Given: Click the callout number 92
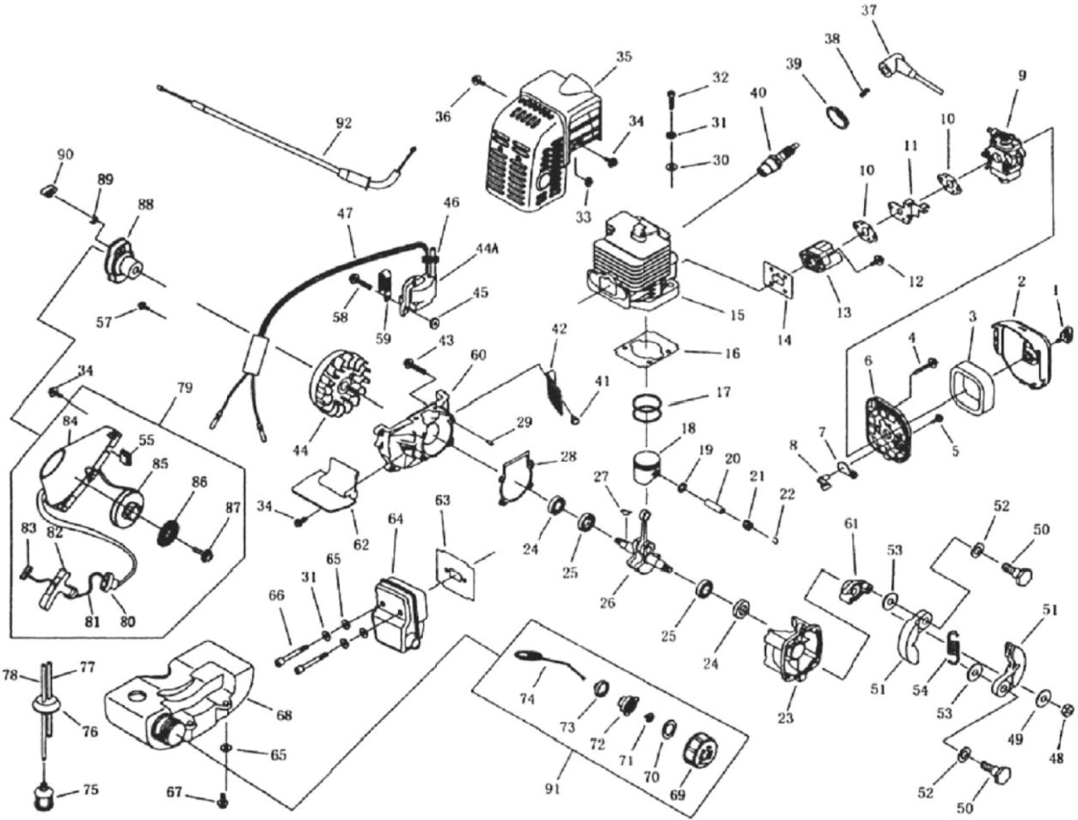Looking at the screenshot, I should pos(343,123).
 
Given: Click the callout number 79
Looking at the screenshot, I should pos(184,388).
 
